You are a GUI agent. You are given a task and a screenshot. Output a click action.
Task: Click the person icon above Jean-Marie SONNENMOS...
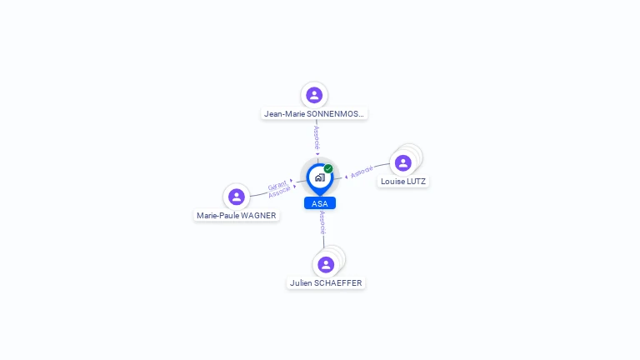(314, 95)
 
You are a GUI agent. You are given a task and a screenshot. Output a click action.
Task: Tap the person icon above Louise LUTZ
(403, 162)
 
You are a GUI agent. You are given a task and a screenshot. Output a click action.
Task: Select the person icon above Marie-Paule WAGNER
(237, 197)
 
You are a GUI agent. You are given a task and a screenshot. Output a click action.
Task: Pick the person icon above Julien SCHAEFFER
(326, 264)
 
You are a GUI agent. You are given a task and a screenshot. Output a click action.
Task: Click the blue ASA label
(319, 203)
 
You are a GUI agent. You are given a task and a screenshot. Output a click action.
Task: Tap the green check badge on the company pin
(328, 168)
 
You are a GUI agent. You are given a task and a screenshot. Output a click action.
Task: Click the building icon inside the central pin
(319, 177)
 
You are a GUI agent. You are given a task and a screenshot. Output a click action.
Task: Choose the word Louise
(392, 181)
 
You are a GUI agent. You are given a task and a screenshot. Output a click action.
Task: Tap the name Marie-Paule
(216, 216)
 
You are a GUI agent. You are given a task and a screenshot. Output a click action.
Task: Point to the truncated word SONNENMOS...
(337, 114)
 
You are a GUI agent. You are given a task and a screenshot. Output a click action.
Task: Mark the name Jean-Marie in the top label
(285, 114)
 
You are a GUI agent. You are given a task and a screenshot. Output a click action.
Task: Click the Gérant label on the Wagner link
(277, 185)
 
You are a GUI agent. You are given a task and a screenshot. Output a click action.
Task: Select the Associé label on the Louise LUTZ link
(362, 172)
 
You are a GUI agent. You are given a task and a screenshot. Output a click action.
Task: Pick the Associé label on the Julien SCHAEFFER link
(322, 223)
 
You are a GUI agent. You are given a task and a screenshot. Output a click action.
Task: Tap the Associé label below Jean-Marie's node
(317, 138)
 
